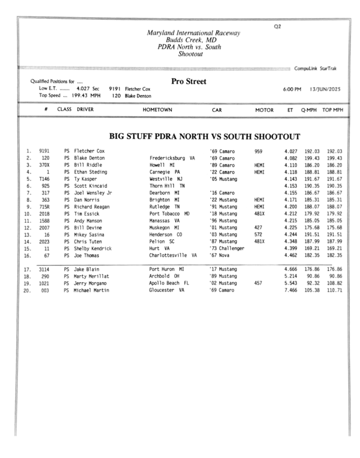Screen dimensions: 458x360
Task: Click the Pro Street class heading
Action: pyautogui.click(x=189, y=81)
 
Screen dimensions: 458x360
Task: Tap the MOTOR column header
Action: pyautogui.click(x=264, y=109)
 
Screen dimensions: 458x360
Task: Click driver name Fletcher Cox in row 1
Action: pyautogui.click(x=89, y=151)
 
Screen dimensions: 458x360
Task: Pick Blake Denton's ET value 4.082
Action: pyautogui.click(x=290, y=158)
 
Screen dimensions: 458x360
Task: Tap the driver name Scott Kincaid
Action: pyautogui.click(x=91, y=186)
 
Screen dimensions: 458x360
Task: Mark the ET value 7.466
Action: pyautogui.click(x=290, y=290)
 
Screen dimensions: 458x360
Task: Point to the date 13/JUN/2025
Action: pyautogui.click(x=325, y=89)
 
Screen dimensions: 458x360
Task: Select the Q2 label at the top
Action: pyautogui.click(x=277, y=26)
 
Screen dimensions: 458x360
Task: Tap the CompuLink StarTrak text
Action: pyautogui.click(x=316, y=68)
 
